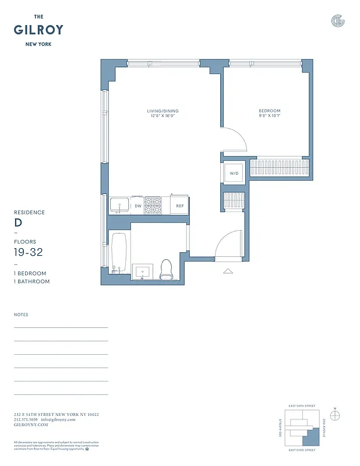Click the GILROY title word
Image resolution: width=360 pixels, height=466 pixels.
(38, 30)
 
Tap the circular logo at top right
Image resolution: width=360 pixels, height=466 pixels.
(337, 21)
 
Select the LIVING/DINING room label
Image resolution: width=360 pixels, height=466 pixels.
(163, 111)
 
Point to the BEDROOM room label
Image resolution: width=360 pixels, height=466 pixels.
(270, 111)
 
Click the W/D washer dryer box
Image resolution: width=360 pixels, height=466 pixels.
(234, 173)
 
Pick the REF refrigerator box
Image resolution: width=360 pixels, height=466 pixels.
(180, 206)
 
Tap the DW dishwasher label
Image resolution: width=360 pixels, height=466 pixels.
(138, 206)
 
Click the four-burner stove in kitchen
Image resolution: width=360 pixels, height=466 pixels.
(153, 205)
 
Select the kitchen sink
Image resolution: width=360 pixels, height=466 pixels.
(120, 205)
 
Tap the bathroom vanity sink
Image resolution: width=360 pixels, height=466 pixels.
(142, 271)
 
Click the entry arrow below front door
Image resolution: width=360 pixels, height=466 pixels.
(228, 270)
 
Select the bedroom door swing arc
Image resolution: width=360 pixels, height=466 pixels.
(236, 140)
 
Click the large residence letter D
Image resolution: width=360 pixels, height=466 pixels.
(18, 223)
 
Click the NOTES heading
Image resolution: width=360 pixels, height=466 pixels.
(21, 315)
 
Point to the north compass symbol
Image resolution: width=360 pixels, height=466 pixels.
(335, 415)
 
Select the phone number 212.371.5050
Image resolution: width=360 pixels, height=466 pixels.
(26, 419)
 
